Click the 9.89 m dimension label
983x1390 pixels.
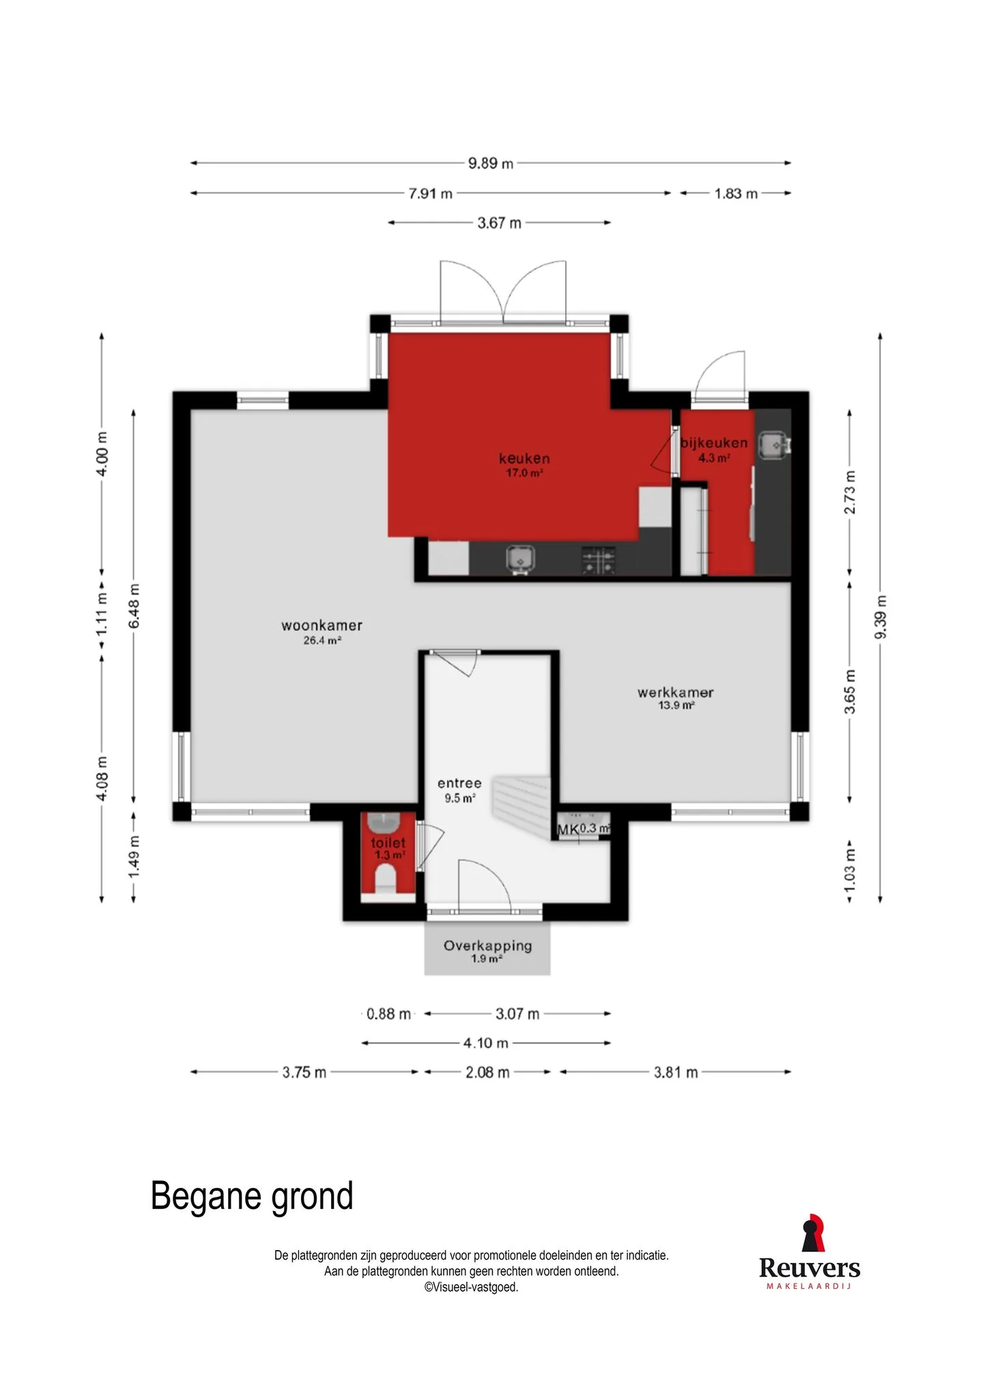point(490,163)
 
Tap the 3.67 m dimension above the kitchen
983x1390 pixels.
point(499,223)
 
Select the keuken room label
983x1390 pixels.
point(524,459)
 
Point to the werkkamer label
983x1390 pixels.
point(676,692)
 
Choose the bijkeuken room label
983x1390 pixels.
point(714,443)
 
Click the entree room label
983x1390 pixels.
point(459,784)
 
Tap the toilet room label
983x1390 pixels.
point(388,843)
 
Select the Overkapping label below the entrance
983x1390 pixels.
point(487,946)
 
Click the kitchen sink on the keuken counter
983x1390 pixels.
point(519,560)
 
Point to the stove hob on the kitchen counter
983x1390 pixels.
point(599,561)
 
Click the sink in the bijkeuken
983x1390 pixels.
point(774,444)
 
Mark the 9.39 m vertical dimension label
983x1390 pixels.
point(881,617)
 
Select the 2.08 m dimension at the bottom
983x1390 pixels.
point(487,1073)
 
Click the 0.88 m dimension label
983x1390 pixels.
point(388,1014)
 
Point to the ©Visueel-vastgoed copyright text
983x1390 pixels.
point(471,1287)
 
